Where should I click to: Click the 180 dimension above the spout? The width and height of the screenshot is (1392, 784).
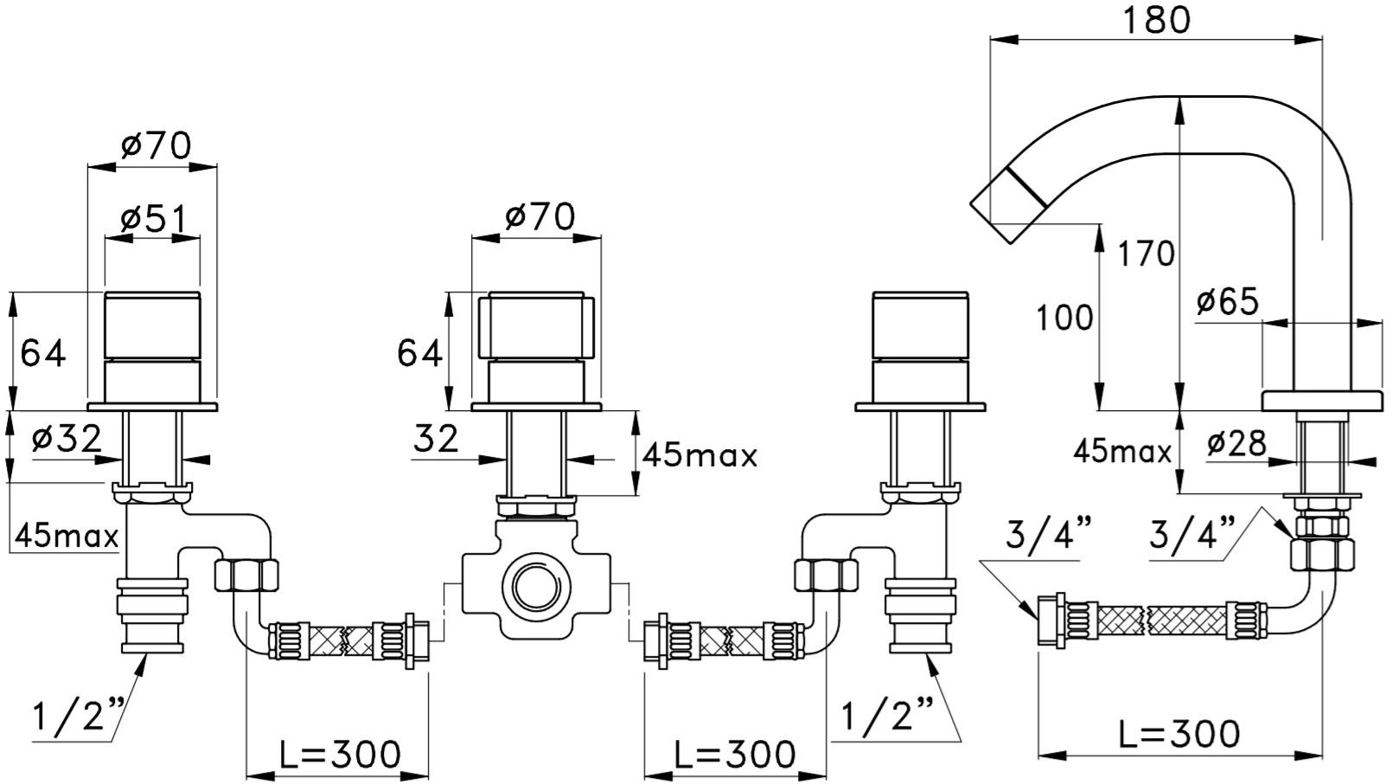(1156, 19)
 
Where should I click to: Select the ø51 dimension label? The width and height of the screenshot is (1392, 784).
(153, 219)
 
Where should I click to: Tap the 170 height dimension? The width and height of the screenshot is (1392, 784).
(1146, 254)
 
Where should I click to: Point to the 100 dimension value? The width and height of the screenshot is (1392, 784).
(1064, 318)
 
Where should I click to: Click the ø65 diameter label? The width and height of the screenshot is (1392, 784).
(1228, 302)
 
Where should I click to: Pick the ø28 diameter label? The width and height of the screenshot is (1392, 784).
(1236, 444)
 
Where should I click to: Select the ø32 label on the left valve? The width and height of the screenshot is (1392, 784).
(66, 439)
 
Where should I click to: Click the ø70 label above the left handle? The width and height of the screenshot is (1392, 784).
(156, 145)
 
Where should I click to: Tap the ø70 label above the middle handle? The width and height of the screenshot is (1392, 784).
(539, 216)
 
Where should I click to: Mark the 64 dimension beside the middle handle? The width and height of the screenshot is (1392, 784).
(419, 353)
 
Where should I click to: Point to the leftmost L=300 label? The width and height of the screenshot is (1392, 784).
(340, 755)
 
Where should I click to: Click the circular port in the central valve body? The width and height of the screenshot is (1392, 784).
(536, 586)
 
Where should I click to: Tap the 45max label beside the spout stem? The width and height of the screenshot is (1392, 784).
(1122, 451)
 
